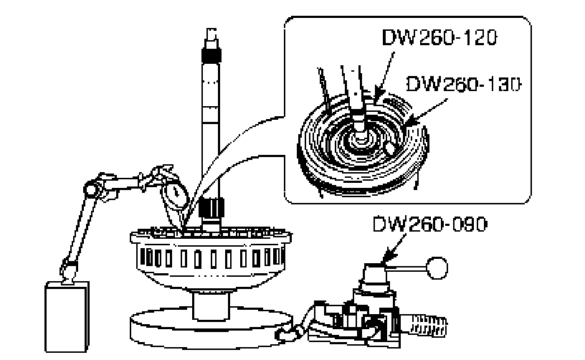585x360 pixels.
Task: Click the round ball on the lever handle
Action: click(x=436, y=269)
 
